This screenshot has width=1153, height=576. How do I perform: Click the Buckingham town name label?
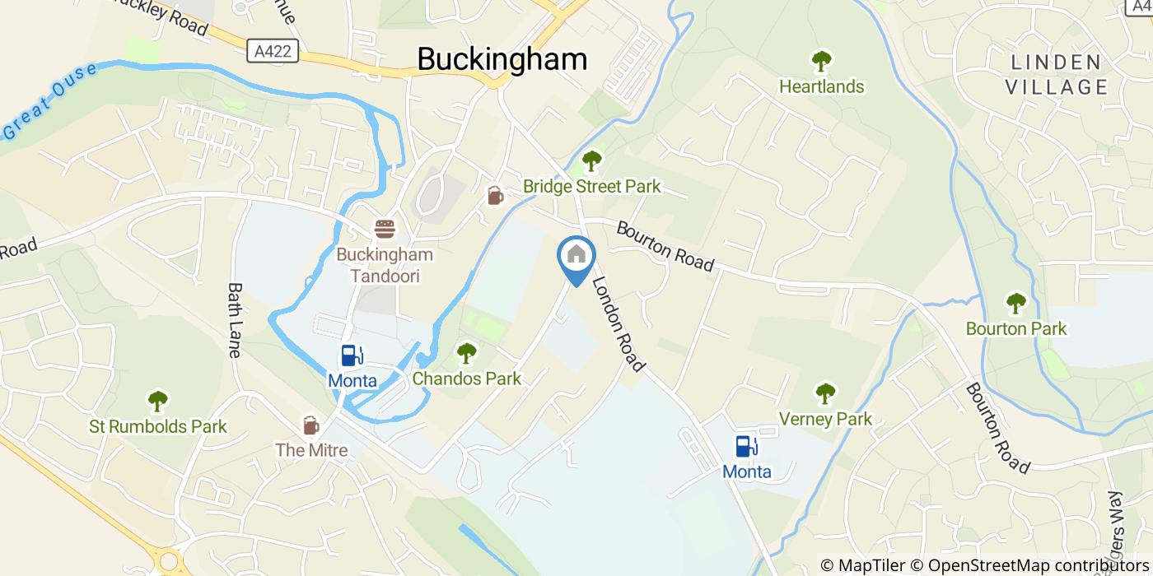502,59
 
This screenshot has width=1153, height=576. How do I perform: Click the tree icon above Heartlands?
821,61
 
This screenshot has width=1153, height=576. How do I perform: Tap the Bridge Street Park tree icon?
591,161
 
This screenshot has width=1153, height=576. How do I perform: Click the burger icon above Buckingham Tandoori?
385,229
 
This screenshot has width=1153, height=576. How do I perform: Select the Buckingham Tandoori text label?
385,265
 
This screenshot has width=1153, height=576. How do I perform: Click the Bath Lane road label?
235,320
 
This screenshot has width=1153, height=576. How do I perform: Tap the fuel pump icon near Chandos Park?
352,355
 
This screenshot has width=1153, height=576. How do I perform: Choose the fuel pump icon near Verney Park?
746,446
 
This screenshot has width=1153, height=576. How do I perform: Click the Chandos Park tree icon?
466,354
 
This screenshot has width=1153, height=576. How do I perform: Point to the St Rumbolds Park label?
158,427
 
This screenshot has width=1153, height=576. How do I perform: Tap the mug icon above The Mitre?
310,425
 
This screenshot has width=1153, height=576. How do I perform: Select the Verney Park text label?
825,419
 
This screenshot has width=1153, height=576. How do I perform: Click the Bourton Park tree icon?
1015,304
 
